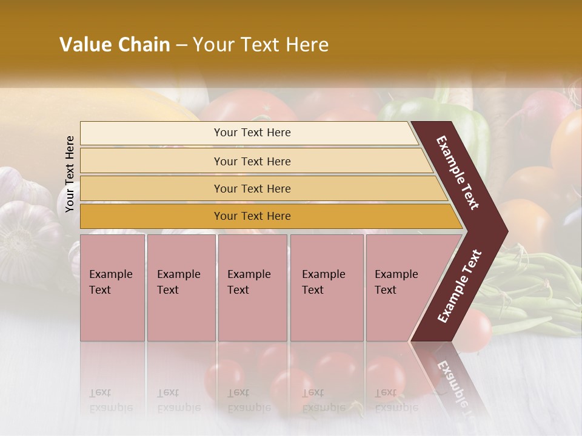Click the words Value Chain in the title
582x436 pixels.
[x=115, y=45]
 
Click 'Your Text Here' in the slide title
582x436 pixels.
[x=261, y=45]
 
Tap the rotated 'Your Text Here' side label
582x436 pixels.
[x=70, y=174]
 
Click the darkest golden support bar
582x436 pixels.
[x=152, y=216]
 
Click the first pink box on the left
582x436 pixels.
[x=112, y=315]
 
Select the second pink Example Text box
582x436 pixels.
[x=181, y=315]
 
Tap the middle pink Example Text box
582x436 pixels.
[x=252, y=315]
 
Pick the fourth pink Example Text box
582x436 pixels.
[x=327, y=315]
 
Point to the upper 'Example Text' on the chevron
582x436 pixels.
[x=458, y=173]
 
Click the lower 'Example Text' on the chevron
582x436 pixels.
[x=459, y=286]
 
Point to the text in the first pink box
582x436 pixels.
[x=110, y=282]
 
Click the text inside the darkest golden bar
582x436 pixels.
[x=252, y=216]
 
